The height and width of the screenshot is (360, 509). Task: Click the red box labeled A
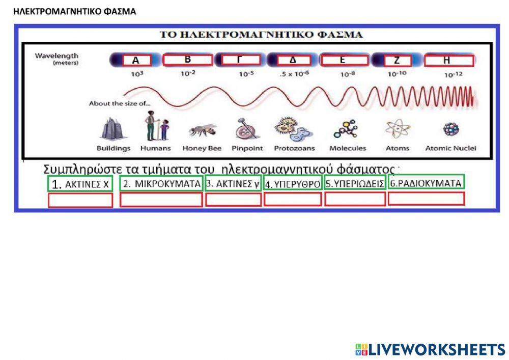(137, 61)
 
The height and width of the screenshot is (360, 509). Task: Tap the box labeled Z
(396, 61)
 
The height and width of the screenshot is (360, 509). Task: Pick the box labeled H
(448, 61)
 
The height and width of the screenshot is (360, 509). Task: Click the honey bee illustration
(202, 130)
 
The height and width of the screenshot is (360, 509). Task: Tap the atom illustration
(397, 129)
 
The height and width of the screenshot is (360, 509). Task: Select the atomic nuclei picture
(451, 129)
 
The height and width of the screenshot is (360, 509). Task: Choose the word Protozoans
(294, 149)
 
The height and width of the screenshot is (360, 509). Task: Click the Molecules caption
(348, 149)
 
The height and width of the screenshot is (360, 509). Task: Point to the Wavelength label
(56, 56)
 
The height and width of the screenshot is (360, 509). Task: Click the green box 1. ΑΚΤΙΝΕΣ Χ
(80, 184)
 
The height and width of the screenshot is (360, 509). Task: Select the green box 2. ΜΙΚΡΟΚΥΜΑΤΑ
(161, 184)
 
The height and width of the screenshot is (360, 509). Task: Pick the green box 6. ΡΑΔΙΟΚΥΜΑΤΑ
(426, 183)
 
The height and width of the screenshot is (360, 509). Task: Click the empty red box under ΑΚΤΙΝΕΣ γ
(233, 200)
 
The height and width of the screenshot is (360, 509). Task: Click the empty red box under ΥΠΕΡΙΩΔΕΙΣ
(355, 200)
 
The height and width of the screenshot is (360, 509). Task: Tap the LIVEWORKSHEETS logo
(430, 349)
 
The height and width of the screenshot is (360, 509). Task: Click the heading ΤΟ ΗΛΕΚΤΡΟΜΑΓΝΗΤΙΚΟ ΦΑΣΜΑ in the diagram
(261, 35)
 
